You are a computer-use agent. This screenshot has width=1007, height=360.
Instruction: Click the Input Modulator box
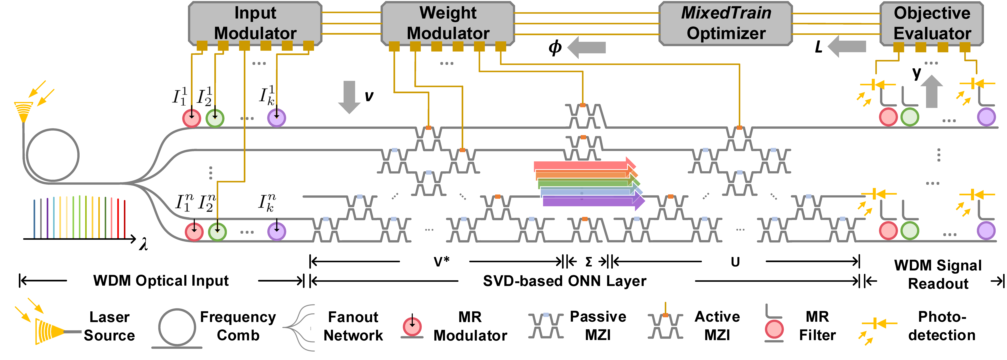tap(255, 23)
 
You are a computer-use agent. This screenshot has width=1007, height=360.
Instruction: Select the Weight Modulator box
tap(448, 23)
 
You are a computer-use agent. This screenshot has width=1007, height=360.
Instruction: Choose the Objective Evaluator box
tap(932, 23)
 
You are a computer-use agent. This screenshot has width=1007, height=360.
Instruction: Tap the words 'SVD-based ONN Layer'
tap(565, 281)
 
